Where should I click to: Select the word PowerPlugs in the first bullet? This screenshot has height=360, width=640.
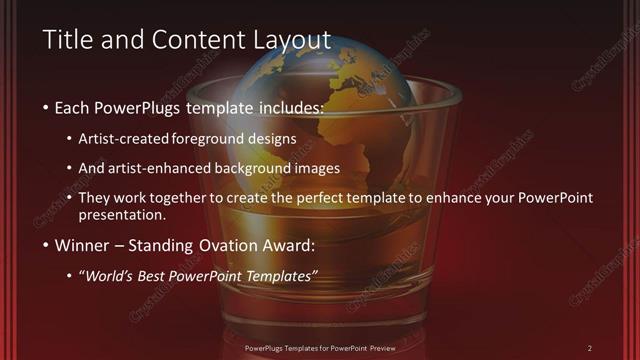[140, 105]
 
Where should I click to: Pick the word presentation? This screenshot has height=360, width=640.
[128, 214]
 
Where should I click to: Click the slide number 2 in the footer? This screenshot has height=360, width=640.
[590, 347]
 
